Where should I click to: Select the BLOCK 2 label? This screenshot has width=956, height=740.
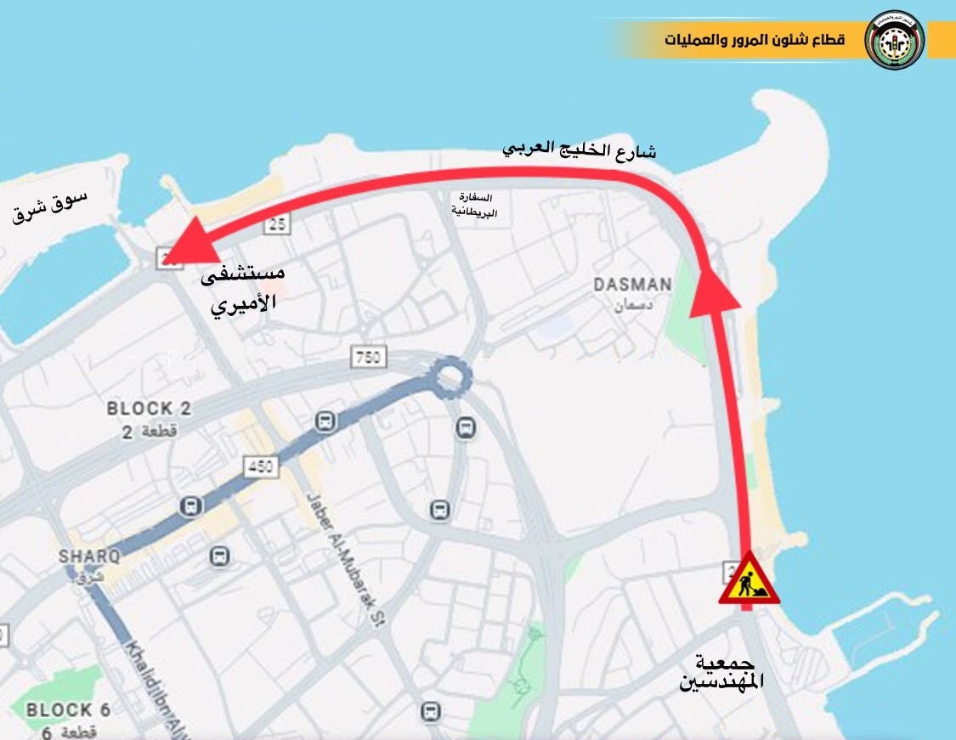(149, 409)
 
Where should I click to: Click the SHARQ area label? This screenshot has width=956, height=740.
(89, 557)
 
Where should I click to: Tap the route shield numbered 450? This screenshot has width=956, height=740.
(260, 466)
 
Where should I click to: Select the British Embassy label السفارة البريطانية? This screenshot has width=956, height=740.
(474, 204)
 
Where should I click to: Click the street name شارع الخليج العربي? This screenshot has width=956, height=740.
(579, 150)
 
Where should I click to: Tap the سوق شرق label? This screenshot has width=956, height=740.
(50, 206)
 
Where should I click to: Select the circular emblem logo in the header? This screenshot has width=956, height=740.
(894, 40)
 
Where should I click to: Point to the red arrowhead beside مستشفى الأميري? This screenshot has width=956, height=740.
(191, 242)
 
